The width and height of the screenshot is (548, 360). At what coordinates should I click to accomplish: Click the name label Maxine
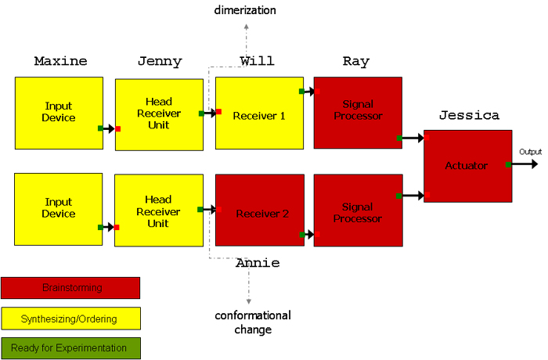point(60,61)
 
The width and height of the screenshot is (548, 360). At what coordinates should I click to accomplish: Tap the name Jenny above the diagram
point(159,61)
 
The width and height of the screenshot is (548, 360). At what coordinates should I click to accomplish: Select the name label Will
point(257,61)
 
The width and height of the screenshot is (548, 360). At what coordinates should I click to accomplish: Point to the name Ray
point(356,61)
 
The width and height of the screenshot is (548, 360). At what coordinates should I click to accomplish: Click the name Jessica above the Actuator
point(469,115)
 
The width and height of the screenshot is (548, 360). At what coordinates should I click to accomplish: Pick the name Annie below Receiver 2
point(258,264)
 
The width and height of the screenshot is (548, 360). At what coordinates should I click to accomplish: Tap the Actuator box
point(468,165)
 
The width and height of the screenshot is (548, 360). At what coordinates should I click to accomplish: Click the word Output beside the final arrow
point(530,152)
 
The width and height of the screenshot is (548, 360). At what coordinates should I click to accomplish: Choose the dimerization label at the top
point(245,10)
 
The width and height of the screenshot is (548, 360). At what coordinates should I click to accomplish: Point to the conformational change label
point(253,322)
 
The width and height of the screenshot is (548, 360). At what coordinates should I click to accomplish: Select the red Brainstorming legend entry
point(70,288)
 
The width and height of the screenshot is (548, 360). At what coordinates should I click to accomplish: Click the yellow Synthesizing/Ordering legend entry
point(70,319)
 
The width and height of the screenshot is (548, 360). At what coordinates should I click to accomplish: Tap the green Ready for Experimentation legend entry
point(70,348)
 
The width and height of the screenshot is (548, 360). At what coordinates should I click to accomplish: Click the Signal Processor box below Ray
point(358,112)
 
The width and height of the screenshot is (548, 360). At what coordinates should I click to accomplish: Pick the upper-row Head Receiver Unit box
point(159,113)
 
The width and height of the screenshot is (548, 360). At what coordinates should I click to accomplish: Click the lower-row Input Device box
point(59,209)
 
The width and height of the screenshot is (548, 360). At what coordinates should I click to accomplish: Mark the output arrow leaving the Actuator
point(525,164)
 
